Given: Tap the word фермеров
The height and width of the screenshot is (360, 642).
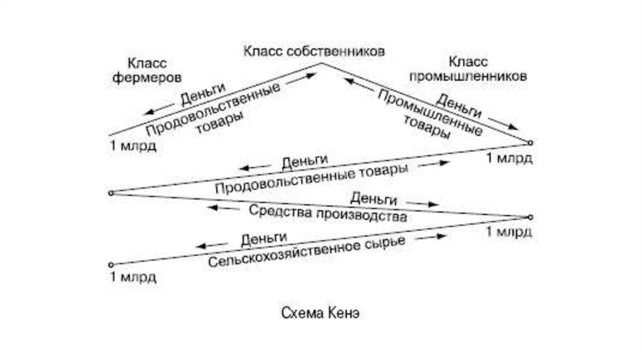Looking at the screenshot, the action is tap(154, 78).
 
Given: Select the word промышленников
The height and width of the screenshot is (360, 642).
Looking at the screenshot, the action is tap(467, 77).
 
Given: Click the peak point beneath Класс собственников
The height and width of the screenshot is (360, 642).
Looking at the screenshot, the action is tap(322, 63).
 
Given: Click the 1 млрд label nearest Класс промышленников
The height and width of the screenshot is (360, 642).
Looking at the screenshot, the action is tap(509, 158).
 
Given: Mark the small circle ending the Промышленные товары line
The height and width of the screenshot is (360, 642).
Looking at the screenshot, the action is tap(530, 142).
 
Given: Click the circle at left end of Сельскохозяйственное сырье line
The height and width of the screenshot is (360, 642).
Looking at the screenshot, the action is tap(110, 264).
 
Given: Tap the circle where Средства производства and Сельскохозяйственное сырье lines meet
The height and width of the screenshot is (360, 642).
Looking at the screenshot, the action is tap(530, 217).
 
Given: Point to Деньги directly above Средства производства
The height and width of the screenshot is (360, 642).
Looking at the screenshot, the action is tap(374, 199).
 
